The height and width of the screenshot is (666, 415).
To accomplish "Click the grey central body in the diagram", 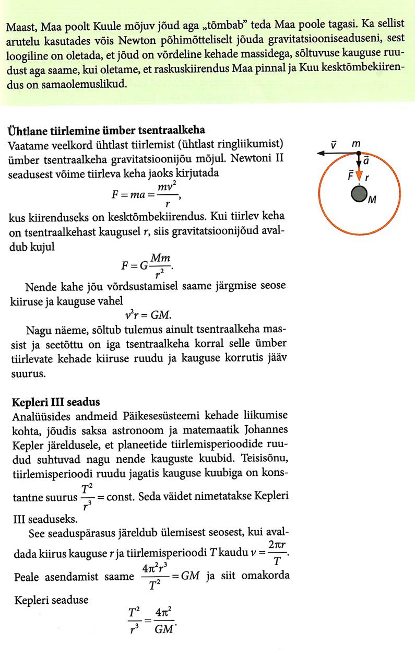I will [x=358, y=194].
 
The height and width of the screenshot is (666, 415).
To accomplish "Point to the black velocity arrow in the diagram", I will [x=337, y=153].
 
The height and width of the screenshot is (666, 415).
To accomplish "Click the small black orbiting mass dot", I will [x=358, y=153].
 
